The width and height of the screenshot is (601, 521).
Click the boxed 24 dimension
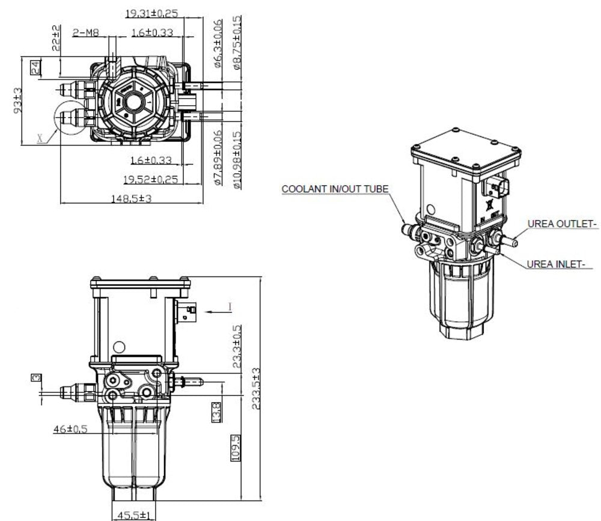click(36, 67)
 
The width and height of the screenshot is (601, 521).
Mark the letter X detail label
click(41, 138)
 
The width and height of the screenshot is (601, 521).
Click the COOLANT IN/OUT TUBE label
click(335, 189)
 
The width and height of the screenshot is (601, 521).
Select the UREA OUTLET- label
click(562, 224)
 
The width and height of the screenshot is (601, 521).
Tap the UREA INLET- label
click(558, 264)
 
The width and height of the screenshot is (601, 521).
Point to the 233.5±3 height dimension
click(257, 388)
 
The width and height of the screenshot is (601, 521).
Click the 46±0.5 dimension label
click(70, 428)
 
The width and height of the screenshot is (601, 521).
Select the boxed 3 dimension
click(36, 377)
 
